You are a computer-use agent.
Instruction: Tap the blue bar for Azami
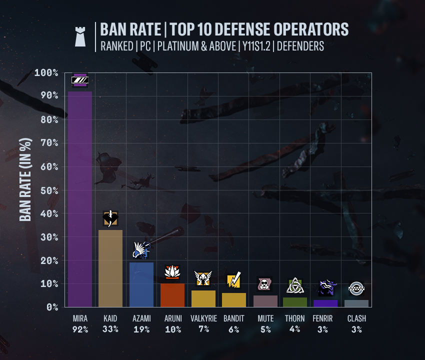(x=141, y=284)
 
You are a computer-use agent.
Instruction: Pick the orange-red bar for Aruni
(x=172, y=295)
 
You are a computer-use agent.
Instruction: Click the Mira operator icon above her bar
(x=80, y=80)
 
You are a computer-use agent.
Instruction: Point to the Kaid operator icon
(x=110, y=218)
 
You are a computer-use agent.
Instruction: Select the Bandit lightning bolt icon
(x=234, y=281)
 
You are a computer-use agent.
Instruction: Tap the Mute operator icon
(x=264, y=284)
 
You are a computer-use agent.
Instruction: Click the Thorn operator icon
(x=295, y=286)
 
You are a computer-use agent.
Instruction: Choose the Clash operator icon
(x=356, y=288)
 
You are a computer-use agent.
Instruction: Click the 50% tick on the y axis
(x=49, y=190)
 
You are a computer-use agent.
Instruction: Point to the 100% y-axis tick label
(x=46, y=73)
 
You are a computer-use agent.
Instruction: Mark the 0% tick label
(x=52, y=307)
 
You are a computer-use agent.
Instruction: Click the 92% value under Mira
(x=80, y=329)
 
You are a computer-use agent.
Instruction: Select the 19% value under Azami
(x=141, y=329)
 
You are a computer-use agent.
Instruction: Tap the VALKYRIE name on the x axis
(x=203, y=318)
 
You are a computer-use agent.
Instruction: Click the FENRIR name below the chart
(x=326, y=318)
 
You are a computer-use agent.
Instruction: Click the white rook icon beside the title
(x=80, y=37)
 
